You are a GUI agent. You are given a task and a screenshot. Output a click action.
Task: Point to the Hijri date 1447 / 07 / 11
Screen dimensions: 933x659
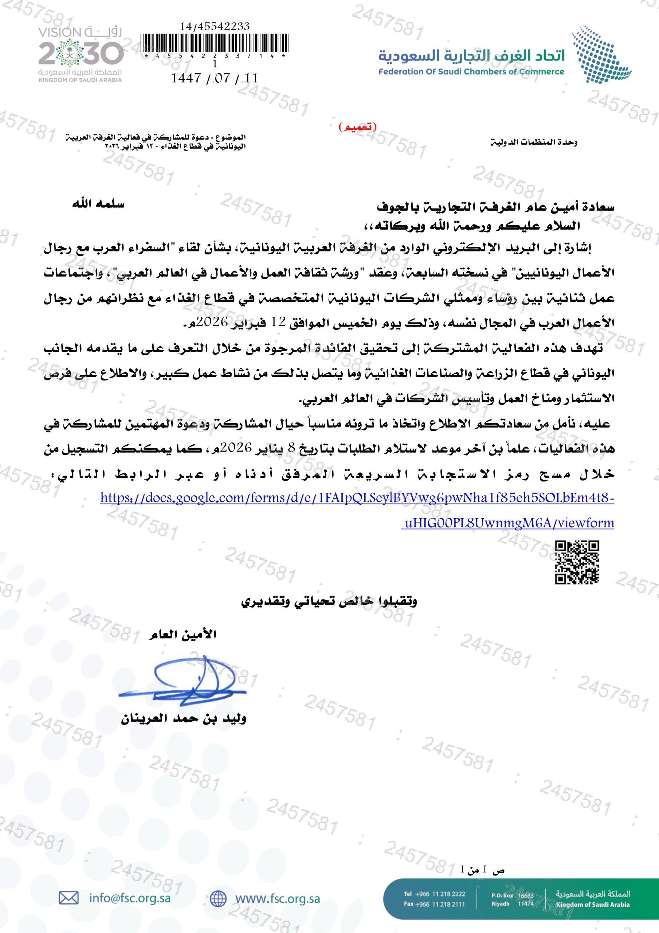tap(215, 78)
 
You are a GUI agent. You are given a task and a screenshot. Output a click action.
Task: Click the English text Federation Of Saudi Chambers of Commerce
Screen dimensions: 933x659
tap(471, 72)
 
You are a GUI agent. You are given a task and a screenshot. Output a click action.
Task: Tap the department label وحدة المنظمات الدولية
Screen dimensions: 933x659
tap(533, 142)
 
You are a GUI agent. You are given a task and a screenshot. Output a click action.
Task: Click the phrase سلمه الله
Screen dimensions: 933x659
tap(98, 204)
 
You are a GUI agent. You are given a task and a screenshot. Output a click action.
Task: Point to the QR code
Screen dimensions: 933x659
tap(577, 562)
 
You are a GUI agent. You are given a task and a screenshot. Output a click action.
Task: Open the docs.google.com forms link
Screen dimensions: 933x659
tap(357, 498)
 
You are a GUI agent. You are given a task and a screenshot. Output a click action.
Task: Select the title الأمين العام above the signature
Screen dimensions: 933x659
tap(183, 634)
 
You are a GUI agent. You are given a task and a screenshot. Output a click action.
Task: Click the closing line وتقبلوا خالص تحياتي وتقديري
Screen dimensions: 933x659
tap(329, 601)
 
